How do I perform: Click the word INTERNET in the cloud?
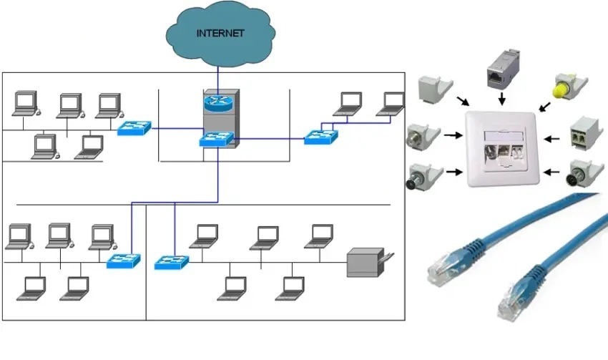pos(220,33)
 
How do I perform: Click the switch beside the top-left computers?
pos(135,128)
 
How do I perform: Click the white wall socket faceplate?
pos(500,150)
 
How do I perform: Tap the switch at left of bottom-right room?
pos(172,261)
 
